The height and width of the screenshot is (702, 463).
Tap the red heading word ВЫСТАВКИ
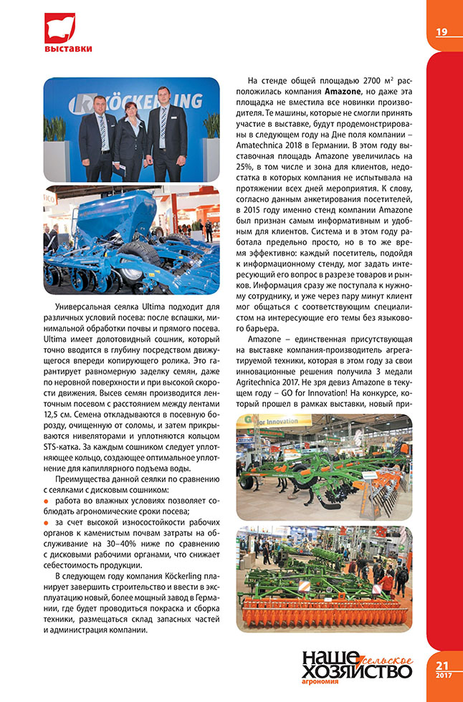point(68,49)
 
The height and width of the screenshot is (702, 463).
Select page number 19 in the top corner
point(441,31)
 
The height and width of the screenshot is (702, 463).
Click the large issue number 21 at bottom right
point(442,665)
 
